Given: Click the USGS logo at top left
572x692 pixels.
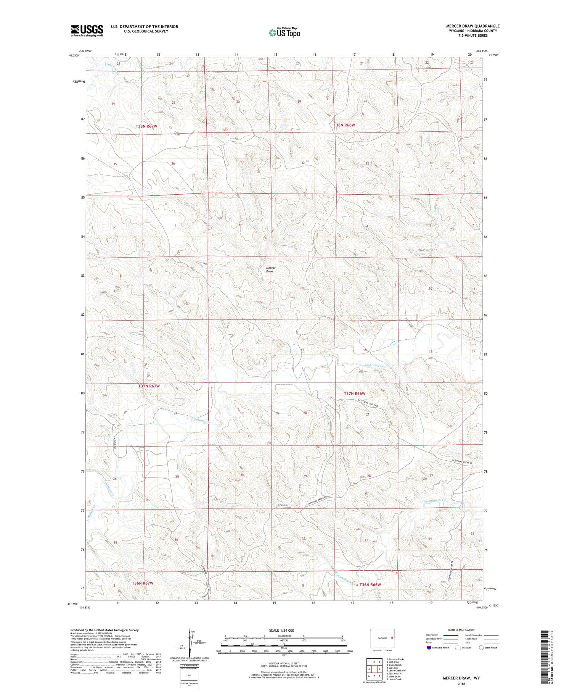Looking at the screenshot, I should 87,31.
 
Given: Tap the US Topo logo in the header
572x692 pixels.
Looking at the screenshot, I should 284,33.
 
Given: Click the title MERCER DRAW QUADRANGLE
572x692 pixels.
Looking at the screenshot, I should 472,26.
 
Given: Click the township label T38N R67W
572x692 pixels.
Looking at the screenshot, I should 146,126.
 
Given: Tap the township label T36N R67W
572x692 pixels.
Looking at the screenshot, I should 142,583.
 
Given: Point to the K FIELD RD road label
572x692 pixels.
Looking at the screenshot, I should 284,506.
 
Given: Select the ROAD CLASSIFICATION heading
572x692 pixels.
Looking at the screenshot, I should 461,630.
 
